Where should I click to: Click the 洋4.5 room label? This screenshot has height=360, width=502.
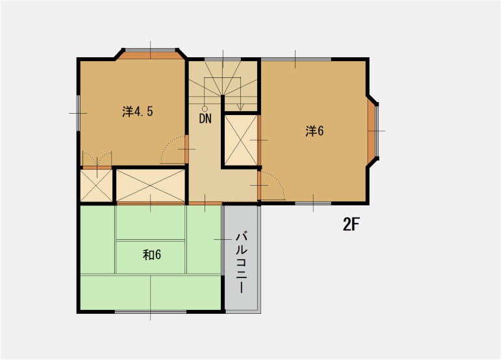[x=137, y=111]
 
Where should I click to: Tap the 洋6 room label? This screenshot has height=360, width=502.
[x=314, y=131]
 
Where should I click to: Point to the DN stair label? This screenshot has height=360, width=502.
[x=205, y=119]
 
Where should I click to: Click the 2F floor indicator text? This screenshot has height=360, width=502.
[x=351, y=225]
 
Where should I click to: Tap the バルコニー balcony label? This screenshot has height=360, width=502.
[x=242, y=261]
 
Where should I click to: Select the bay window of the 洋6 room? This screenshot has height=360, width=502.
[x=373, y=131]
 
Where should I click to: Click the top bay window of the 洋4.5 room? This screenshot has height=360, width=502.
[x=151, y=52]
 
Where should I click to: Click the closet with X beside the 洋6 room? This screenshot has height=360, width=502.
[x=241, y=140]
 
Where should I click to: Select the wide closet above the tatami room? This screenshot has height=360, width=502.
[x=150, y=185]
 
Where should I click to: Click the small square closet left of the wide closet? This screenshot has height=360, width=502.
[x=96, y=186]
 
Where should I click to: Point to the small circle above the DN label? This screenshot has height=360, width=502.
[x=205, y=109]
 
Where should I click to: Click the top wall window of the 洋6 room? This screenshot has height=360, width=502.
[x=295, y=60]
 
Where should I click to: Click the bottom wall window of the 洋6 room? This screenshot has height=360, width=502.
[x=312, y=203]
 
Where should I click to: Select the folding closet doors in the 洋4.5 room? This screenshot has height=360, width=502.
[x=96, y=159]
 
